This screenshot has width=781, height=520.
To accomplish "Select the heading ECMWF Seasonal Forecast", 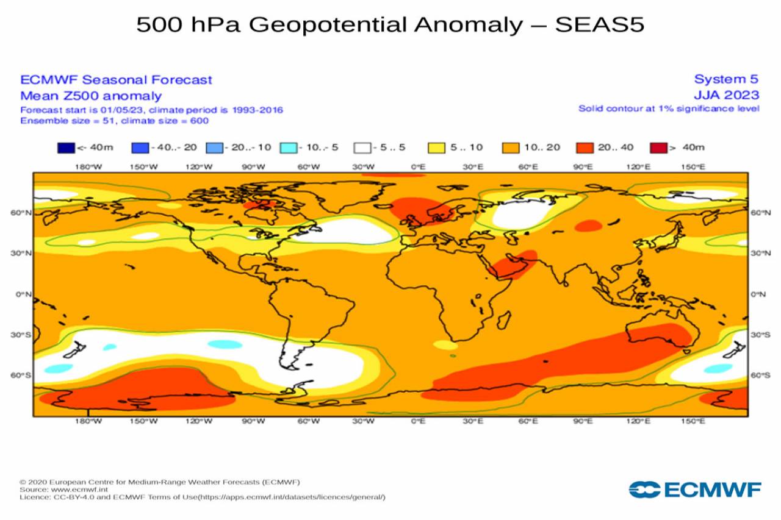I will click(x=116, y=80).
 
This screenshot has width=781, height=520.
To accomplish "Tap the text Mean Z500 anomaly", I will click(x=91, y=96).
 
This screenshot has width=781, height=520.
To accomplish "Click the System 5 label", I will click(x=726, y=79).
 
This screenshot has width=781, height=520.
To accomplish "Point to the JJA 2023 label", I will click(x=726, y=95).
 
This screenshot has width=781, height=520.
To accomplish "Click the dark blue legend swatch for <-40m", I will click(x=67, y=148).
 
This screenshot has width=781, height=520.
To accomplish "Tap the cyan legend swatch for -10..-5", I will click(x=289, y=148).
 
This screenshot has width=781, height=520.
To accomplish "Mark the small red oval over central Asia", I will click(x=588, y=226).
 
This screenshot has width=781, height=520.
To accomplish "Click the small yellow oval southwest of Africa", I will click(x=445, y=344).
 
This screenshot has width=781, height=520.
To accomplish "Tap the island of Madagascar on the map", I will click(x=503, y=318).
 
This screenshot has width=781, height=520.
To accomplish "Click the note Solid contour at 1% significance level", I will click(x=669, y=109).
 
